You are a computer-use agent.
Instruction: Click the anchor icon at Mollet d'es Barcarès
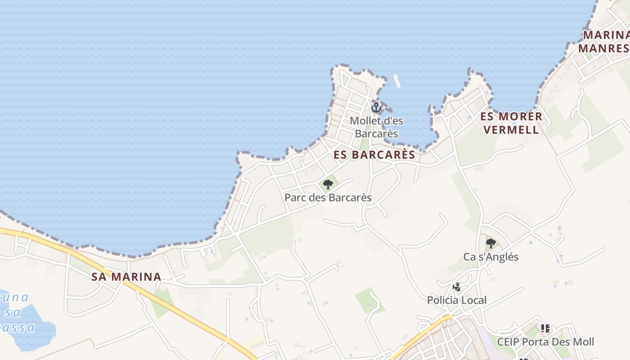point(376,107)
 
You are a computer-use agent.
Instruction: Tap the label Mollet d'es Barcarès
point(376,127)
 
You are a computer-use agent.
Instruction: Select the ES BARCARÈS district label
point(374,155)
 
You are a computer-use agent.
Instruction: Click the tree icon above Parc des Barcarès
point(328,184)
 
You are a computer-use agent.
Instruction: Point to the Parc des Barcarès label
point(328,198)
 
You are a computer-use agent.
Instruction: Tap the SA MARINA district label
point(126,277)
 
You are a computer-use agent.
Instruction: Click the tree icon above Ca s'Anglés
point(491,243)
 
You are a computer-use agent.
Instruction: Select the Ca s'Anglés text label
point(491,257)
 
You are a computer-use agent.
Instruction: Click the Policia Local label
point(457,300)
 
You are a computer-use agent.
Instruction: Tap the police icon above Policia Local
point(457,287)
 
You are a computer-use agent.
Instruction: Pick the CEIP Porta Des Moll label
point(545,342)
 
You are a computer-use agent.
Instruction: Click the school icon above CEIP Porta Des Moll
point(545,328)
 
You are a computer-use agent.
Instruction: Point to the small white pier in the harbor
point(397,81)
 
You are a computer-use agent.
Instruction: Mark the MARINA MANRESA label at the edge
point(605,41)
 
